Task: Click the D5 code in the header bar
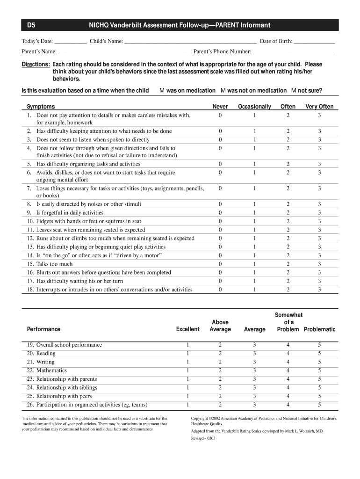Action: click(31, 25)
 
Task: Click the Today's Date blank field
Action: click(70, 41)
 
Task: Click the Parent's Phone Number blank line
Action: click(294, 51)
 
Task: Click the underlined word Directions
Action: click(36, 64)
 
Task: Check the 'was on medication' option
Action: click(162, 90)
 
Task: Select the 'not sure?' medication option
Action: click(294, 90)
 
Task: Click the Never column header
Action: click(220, 107)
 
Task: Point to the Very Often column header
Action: click(319, 107)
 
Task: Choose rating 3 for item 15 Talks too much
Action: click(319, 264)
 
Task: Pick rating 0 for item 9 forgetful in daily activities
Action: click(220, 212)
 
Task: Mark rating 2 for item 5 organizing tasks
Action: click(288, 164)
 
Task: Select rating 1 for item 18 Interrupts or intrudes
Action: click(255, 290)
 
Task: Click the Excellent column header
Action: click(187, 329)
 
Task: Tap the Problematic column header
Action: click(319, 329)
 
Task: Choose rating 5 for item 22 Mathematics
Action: click(319, 370)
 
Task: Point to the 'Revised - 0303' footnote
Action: click(203, 438)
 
